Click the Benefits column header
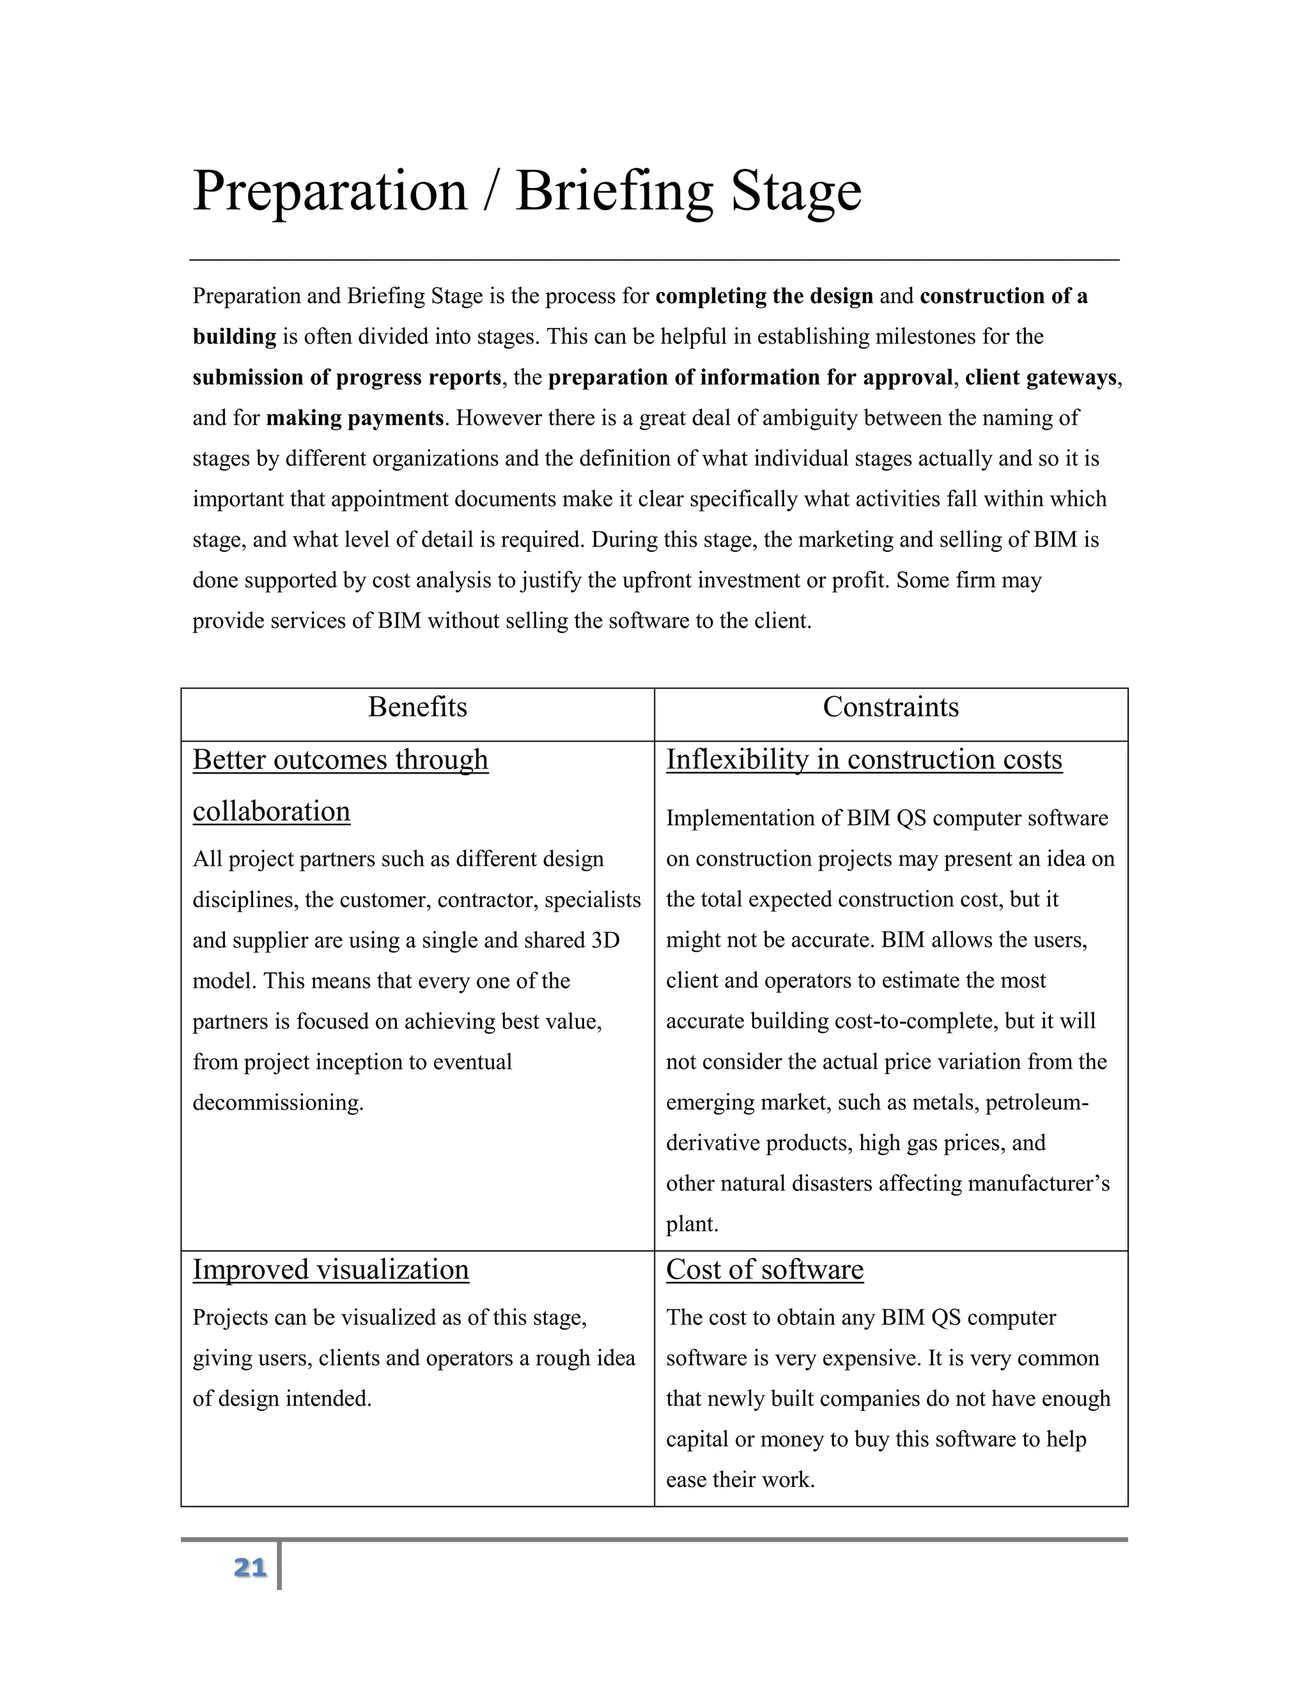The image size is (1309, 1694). point(417,708)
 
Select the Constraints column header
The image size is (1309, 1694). point(890,708)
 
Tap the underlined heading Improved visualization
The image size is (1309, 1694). point(330,1270)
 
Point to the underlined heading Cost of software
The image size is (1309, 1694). point(764,1270)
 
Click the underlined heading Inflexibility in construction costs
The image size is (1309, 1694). point(864,759)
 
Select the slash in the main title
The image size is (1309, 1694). point(490,190)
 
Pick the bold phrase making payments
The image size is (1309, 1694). point(354,418)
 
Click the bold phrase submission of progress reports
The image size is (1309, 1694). point(346,378)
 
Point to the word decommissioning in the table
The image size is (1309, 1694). point(277,1103)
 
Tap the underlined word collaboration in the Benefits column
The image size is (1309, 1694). point(272,811)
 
